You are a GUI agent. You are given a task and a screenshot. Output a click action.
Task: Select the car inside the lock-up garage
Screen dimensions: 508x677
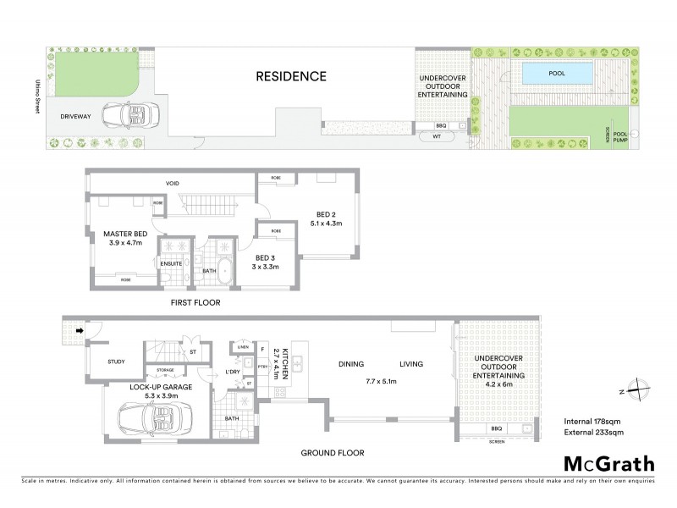[151, 418]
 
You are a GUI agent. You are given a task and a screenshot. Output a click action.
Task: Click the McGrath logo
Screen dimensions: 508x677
[608, 463]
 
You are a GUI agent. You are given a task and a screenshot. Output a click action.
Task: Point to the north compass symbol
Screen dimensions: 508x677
[641, 392]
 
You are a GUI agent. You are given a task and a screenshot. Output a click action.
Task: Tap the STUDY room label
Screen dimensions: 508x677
[116, 362]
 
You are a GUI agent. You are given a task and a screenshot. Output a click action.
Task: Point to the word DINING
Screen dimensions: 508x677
[351, 365]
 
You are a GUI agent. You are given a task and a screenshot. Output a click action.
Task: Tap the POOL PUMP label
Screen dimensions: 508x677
[620, 135]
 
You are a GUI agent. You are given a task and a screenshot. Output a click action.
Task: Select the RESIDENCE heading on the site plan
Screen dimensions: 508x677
[290, 76]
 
